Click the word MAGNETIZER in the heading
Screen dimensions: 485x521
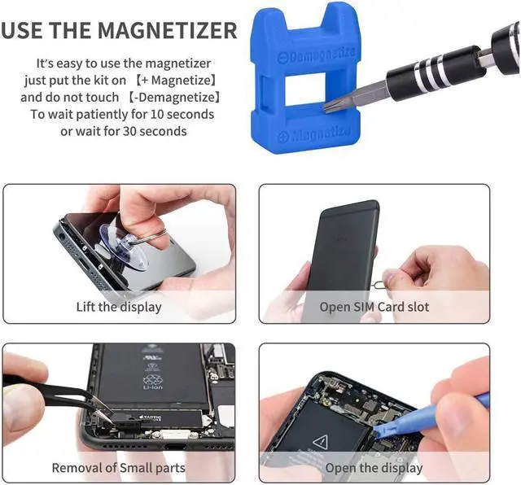pos(168,31)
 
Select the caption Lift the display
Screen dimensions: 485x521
pos(119,307)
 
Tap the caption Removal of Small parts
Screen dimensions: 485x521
pos(119,468)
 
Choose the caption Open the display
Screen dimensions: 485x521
pos(374,468)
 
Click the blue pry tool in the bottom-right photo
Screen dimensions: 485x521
pos(456,412)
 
